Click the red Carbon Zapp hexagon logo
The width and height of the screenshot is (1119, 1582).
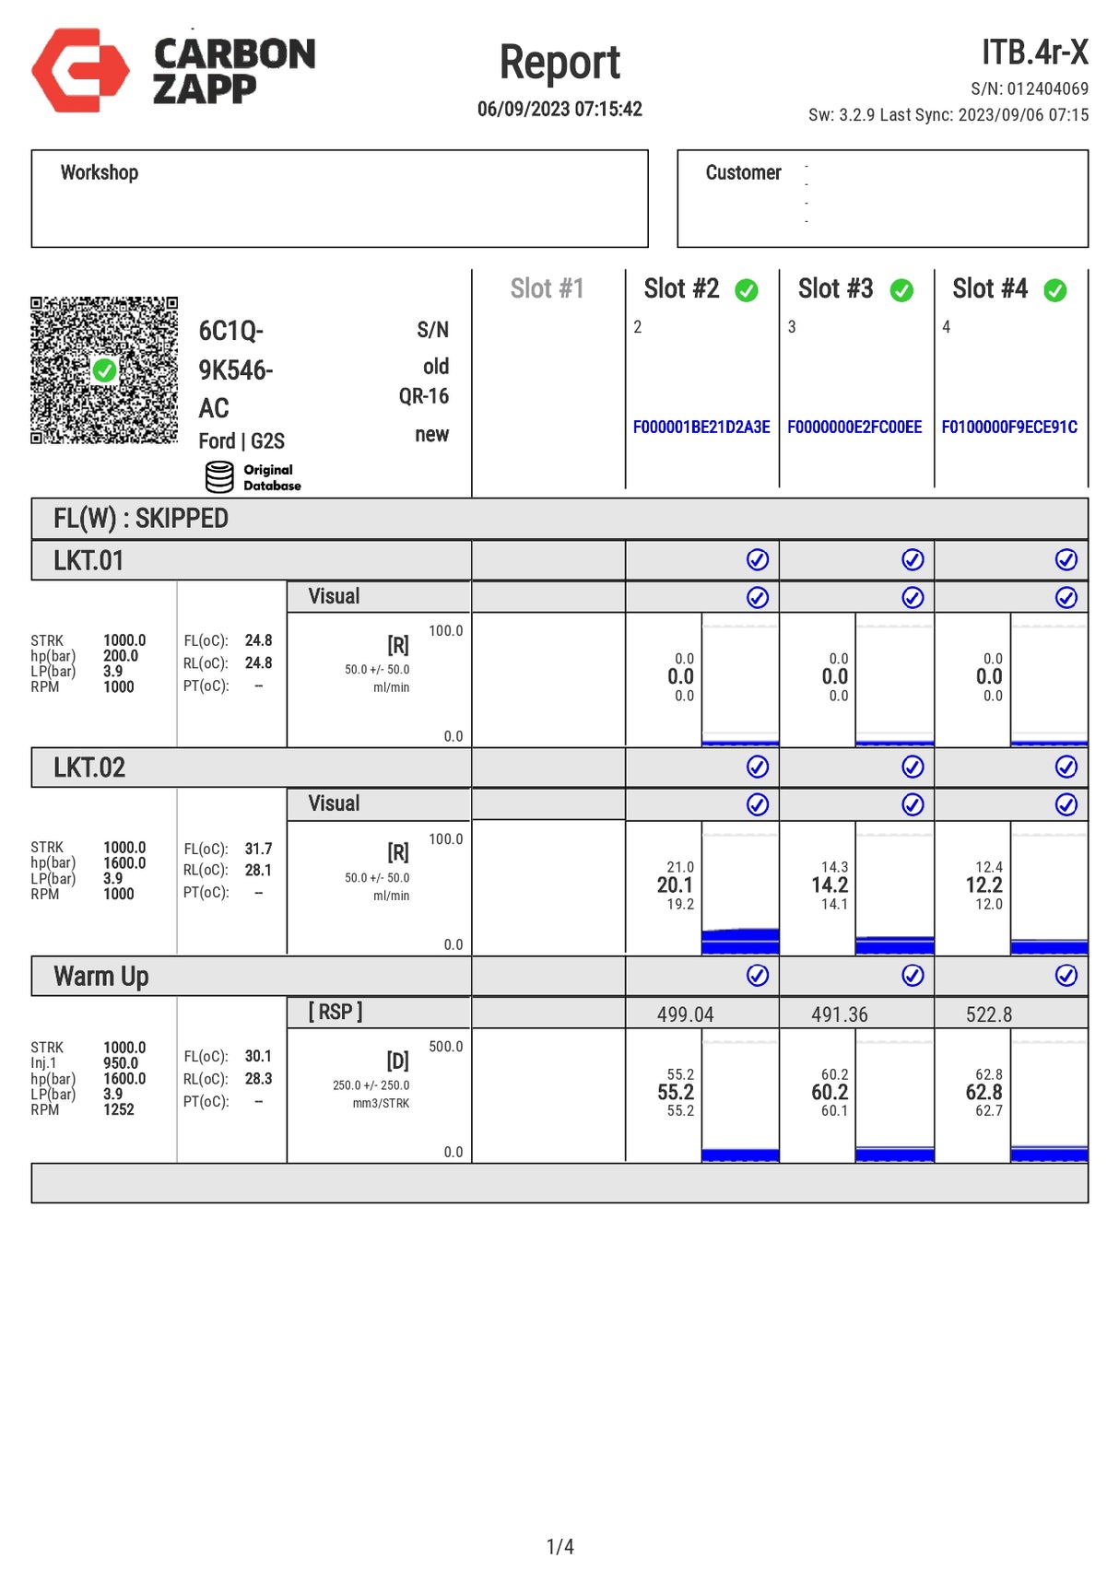pos(80,70)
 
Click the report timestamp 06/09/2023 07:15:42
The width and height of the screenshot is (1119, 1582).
pos(559,109)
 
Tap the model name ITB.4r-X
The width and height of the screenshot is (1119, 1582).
pos(1034,53)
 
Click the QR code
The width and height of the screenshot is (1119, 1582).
pos(103,369)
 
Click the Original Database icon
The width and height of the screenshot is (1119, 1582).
pos(219,477)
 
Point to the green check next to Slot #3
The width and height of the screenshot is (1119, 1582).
pos(901,290)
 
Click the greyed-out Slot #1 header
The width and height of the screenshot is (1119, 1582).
pos(547,289)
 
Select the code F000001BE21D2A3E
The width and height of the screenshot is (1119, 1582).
pos(701,428)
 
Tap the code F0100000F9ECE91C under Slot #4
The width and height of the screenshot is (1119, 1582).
pos(1008,428)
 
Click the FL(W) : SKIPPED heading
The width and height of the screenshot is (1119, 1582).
pos(140,519)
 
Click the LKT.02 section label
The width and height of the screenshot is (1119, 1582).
pos(88,768)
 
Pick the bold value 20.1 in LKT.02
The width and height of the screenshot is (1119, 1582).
pos(675,885)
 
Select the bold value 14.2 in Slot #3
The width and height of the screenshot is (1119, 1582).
pos(830,885)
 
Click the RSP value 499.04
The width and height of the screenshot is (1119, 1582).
pos(685,1014)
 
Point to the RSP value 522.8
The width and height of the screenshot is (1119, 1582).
pos(988,1014)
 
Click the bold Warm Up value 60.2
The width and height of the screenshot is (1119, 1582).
pos(830,1093)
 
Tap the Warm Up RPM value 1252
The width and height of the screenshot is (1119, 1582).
pos(118,1109)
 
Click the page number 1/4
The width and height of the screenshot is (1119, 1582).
pos(559,1547)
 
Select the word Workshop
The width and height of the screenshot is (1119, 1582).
pos(99,173)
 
